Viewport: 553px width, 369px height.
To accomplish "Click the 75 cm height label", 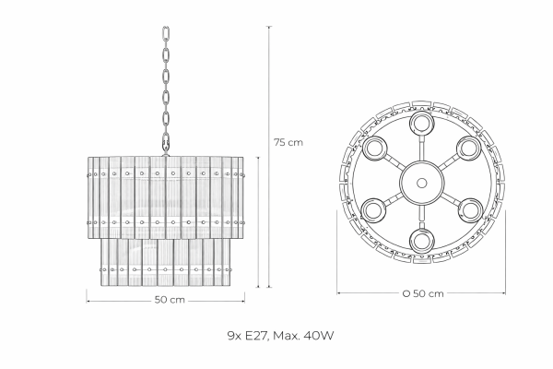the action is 288,142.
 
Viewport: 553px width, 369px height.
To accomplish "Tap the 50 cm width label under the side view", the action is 170,300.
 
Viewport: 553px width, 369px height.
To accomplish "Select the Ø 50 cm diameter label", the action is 423,293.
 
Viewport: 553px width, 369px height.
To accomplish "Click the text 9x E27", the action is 249,335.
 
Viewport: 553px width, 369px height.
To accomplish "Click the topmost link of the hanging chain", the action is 165,34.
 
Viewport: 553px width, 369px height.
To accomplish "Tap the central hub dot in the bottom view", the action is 421,183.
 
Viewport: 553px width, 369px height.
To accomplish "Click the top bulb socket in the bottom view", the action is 422,124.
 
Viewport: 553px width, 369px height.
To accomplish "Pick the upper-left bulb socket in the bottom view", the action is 374,149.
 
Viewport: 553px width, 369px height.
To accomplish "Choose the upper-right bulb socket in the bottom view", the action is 469,149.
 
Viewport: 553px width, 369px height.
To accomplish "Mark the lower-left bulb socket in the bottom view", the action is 374,211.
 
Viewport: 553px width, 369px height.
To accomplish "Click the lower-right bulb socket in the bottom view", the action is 470,211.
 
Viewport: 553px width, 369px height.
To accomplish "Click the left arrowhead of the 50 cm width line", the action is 88,302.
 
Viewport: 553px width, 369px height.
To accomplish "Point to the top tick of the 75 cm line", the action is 269,27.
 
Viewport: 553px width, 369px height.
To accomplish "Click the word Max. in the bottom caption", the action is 287,335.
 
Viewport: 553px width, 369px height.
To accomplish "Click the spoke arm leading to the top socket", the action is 421,148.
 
